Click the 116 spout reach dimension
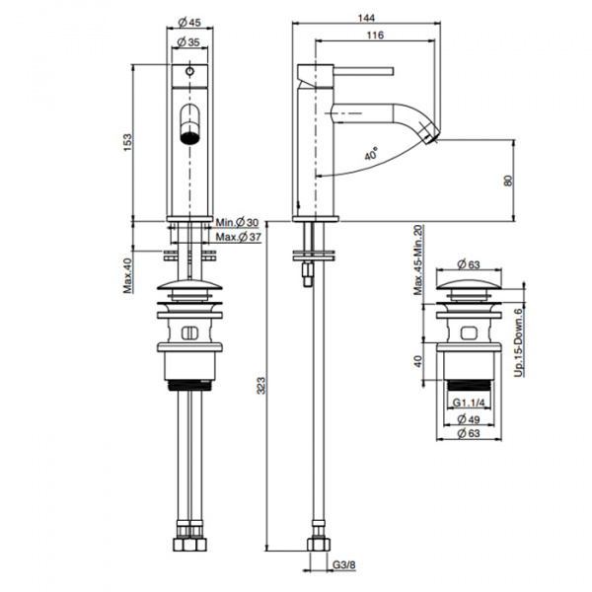click(x=373, y=36)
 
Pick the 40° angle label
click(x=371, y=155)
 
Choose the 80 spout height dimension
click(x=507, y=181)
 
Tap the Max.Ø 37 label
click(x=237, y=237)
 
